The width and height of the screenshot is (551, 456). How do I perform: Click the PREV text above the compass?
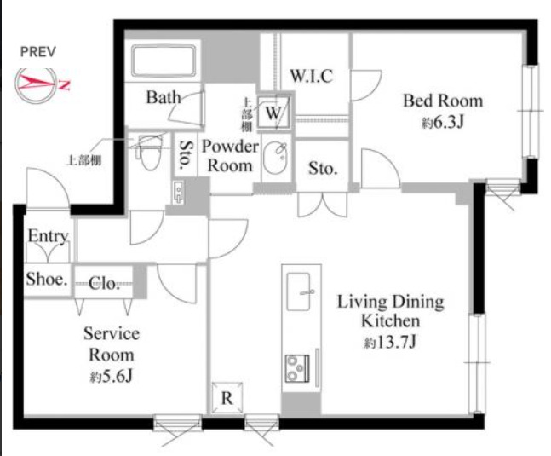tap(38, 52)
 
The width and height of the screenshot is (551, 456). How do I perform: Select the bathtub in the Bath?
tap(164, 61)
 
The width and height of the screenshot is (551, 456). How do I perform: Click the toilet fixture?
tap(151, 152)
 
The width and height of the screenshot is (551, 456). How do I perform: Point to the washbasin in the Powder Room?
tap(275, 159)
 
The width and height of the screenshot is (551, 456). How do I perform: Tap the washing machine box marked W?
tap(274, 113)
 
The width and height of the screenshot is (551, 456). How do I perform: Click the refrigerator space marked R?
tap(227, 398)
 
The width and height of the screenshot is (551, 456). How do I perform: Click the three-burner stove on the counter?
tap(297, 368)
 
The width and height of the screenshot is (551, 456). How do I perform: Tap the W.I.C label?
tap(312, 76)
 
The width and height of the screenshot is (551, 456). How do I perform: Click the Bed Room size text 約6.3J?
tap(443, 122)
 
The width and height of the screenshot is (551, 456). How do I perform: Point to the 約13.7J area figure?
tap(390, 342)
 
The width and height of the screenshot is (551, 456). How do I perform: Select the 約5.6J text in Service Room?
tap(111, 377)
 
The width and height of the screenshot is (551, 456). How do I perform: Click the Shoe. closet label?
tap(46, 280)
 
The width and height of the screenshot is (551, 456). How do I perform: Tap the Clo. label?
tap(104, 283)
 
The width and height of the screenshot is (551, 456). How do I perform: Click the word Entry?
tap(48, 235)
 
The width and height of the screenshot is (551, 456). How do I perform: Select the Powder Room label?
tap(230, 156)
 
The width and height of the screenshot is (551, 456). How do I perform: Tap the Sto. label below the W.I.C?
tap(323, 169)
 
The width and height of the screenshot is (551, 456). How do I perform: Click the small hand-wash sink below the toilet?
tap(178, 193)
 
